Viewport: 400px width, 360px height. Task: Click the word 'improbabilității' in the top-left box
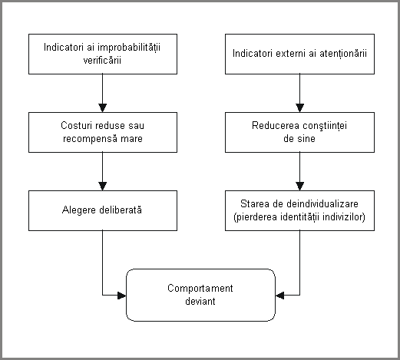coord(129,48)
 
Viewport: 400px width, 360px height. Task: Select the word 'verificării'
coord(102,60)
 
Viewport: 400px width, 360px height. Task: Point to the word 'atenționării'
coord(343,54)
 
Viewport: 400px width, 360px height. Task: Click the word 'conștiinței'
coord(325,126)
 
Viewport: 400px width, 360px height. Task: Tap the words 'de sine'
coord(299,139)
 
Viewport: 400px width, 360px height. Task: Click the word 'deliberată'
coord(121,210)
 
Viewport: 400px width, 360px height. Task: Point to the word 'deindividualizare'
coord(322,204)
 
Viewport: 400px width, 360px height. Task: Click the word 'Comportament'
coord(200,289)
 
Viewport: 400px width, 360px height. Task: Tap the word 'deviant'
coord(200,301)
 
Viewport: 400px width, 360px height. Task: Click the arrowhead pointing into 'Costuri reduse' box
coord(102,108)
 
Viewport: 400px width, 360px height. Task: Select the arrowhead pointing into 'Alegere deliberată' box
coord(102,187)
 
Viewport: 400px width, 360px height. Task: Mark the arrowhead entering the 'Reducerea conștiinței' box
coord(299,108)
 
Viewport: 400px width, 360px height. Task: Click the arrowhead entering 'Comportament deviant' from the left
coord(122,296)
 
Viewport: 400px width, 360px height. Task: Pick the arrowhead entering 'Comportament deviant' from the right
coord(279,296)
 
